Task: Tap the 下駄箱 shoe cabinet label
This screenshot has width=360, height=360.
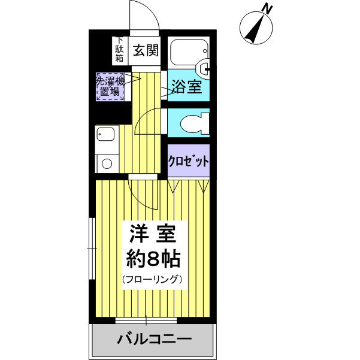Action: coord(119,50)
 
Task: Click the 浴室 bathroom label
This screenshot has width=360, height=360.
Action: coord(186,87)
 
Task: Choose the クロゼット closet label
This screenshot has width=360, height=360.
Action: coord(189,161)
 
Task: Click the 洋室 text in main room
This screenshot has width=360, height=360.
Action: coord(152,232)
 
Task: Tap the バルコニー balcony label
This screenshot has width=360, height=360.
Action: coord(154,340)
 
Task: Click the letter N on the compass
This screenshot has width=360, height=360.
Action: coord(267,9)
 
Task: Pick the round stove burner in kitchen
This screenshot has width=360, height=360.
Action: coord(106,162)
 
